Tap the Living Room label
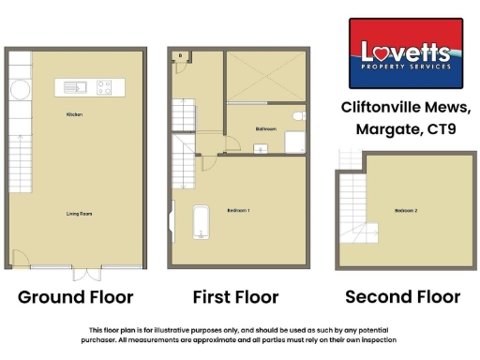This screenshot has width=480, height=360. [79, 214]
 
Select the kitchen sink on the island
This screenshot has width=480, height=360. [75, 88]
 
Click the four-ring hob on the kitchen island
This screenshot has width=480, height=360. [103, 88]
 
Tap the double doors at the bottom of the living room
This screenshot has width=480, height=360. [87, 273]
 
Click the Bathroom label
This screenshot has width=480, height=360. [265, 128]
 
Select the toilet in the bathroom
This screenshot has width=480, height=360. [298, 116]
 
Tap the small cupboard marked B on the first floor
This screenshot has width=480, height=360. [180, 56]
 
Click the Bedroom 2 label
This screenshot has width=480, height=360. [406, 210]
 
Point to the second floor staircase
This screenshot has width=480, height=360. [352, 202]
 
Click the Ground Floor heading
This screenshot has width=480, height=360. [77, 298]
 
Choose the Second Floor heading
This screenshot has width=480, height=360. [402, 298]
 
